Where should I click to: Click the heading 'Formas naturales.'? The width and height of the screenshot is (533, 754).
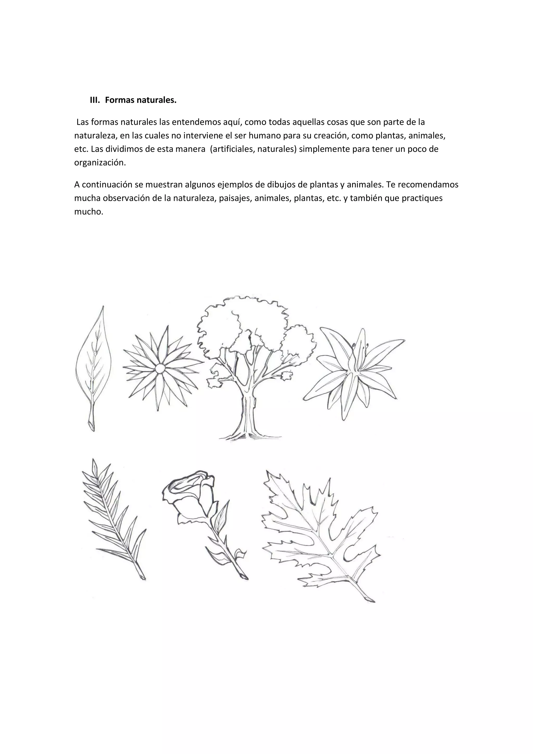click(x=141, y=100)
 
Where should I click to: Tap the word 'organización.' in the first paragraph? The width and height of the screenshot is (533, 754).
click(x=100, y=163)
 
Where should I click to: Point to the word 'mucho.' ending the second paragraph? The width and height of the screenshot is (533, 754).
click(x=89, y=212)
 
